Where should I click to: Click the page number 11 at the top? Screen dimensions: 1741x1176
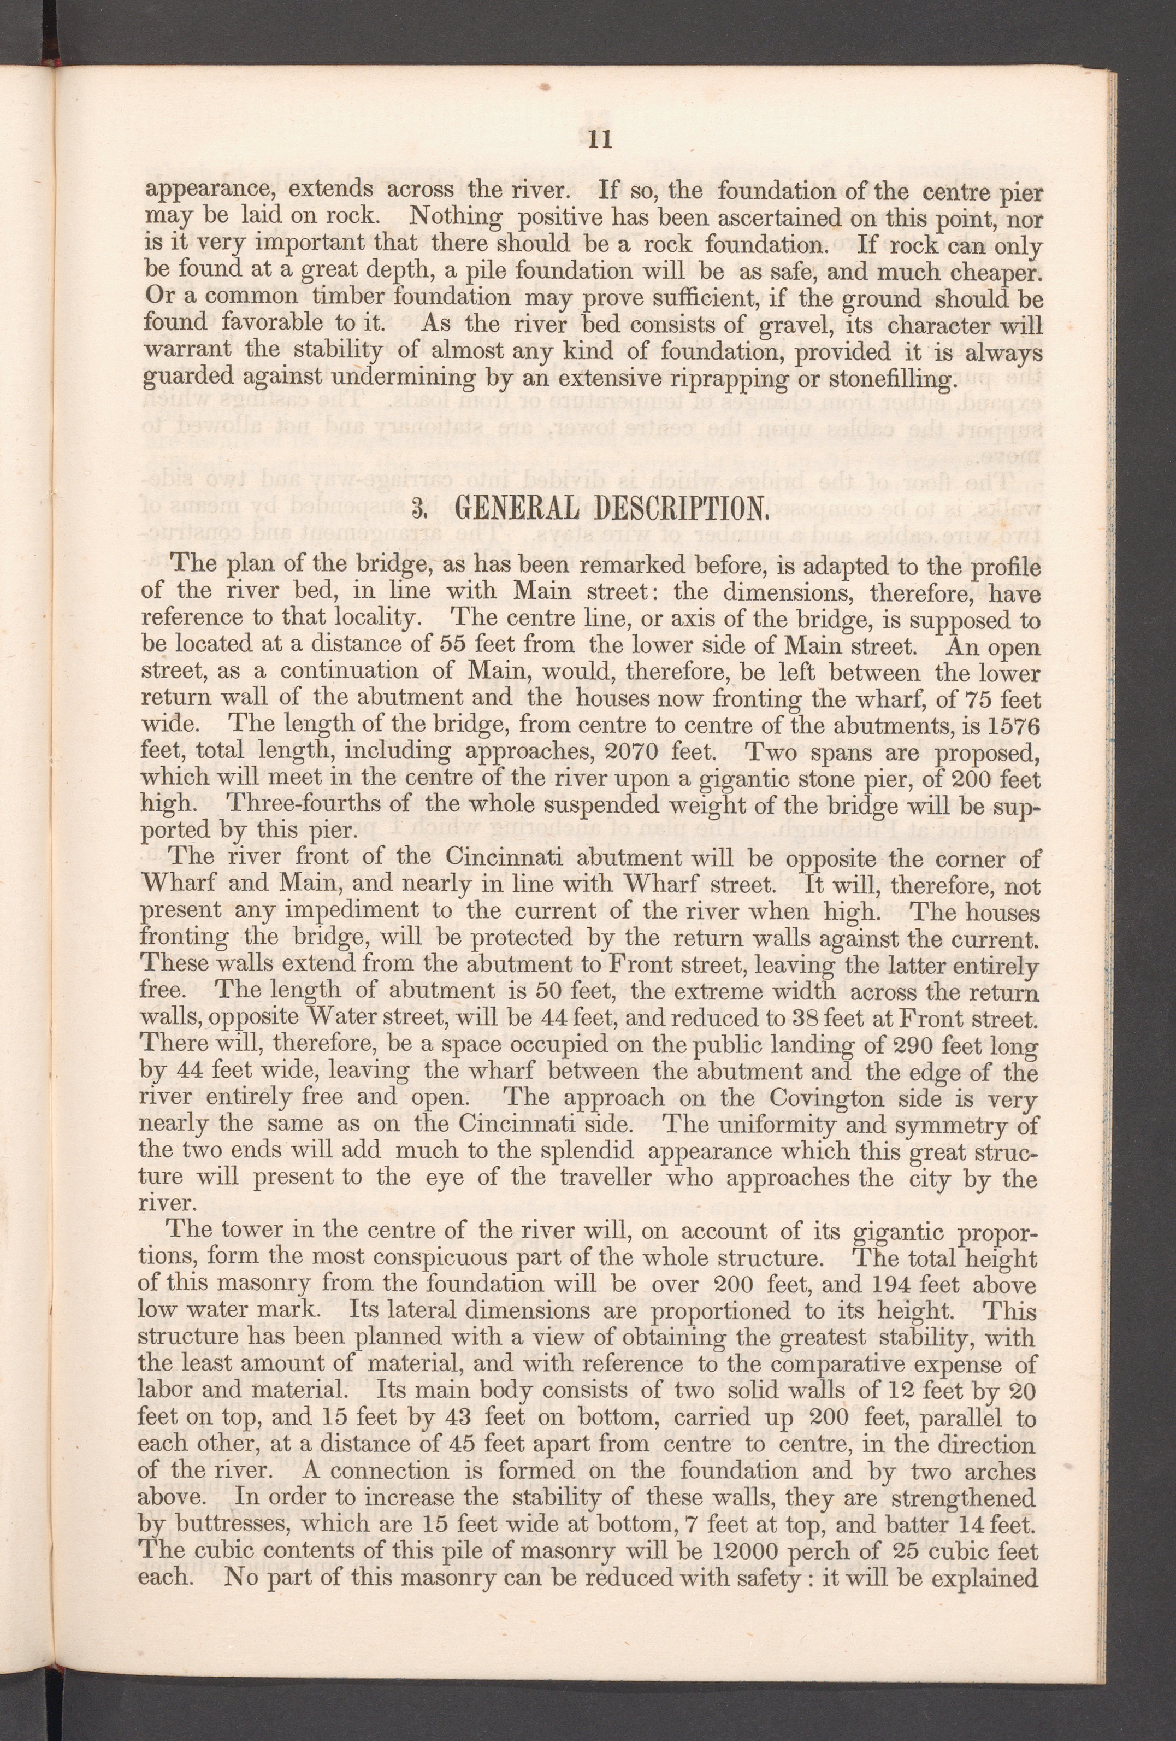pos(601,140)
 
